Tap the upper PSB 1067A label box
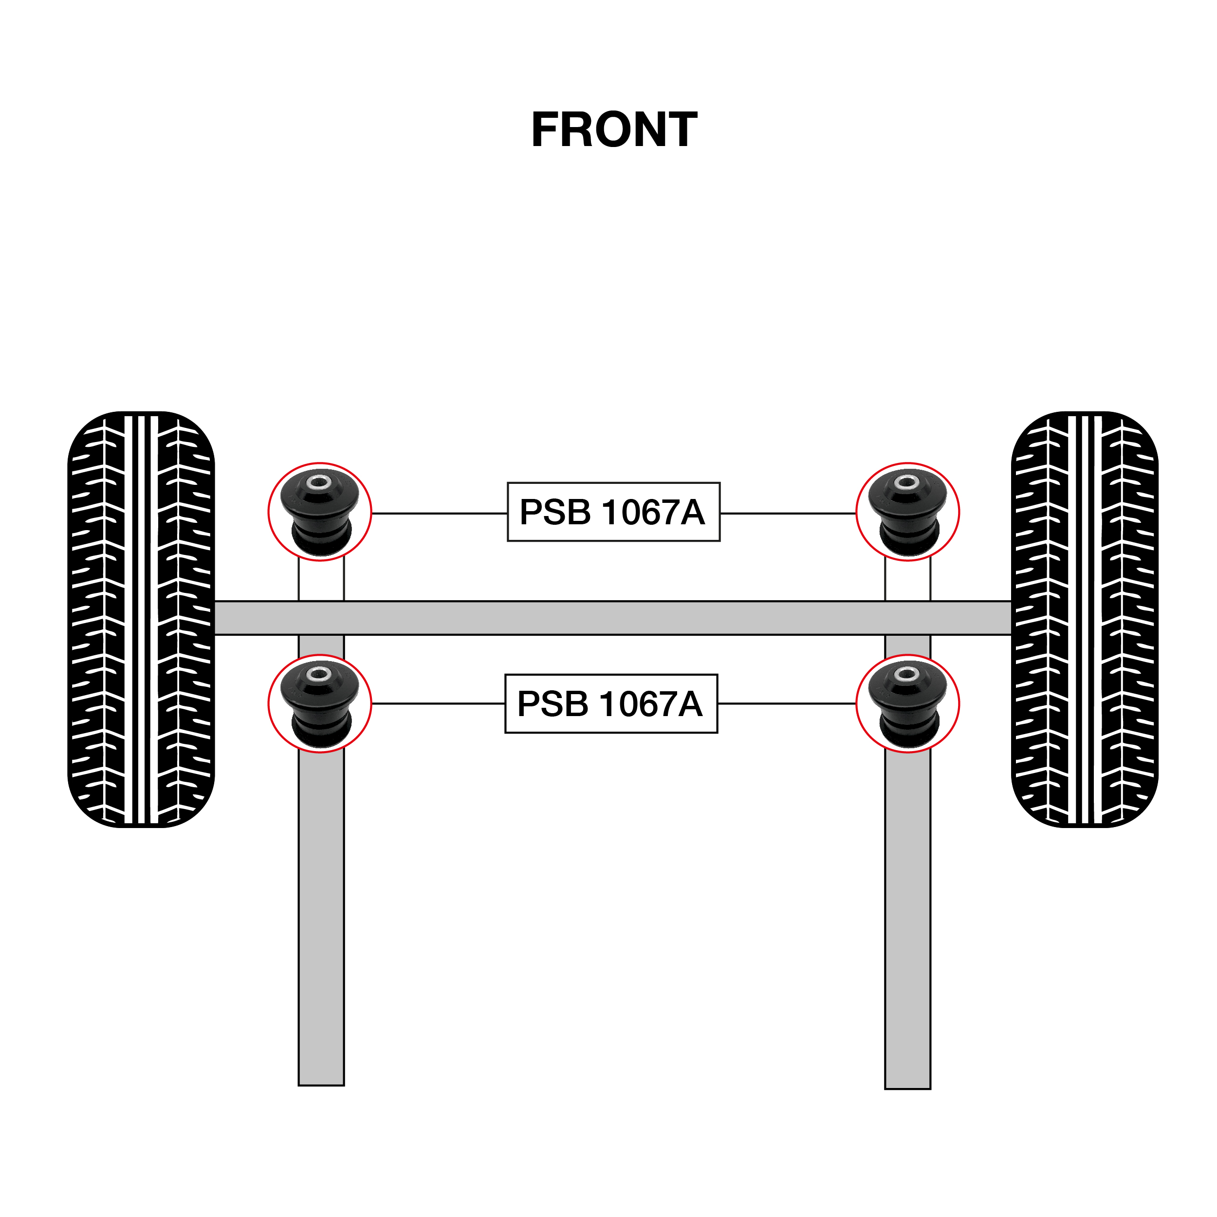(x=613, y=512)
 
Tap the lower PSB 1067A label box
(x=610, y=703)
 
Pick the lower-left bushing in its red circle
(x=319, y=703)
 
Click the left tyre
(x=141, y=619)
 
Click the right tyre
(x=1084, y=619)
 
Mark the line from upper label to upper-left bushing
(x=439, y=514)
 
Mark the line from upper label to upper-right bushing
(x=787, y=514)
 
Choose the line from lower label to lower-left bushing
(x=438, y=703)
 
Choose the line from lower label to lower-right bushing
(x=786, y=703)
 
